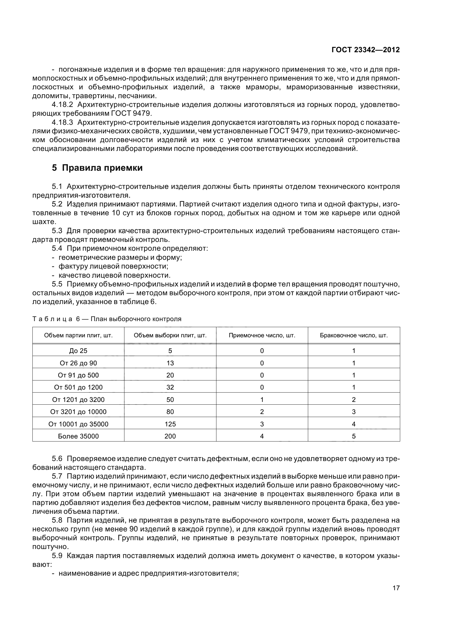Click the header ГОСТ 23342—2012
(x=365, y=50)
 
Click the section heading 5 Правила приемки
(x=97, y=168)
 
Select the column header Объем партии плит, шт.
(x=78, y=335)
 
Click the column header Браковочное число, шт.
(x=353, y=335)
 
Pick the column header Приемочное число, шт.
(x=262, y=335)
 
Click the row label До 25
(x=78, y=351)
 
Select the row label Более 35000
(x=78, y=436)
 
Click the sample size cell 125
(x=170, y=424)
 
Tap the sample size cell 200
(x=170, y=436)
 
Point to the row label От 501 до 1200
(x=78, y=387)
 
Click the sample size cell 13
(x=170, y=363)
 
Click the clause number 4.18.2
(x=62, y=105)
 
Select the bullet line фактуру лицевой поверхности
(x=113, y=266)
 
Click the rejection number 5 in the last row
(x=353, y=436)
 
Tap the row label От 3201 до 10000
(x=78, y=412)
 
